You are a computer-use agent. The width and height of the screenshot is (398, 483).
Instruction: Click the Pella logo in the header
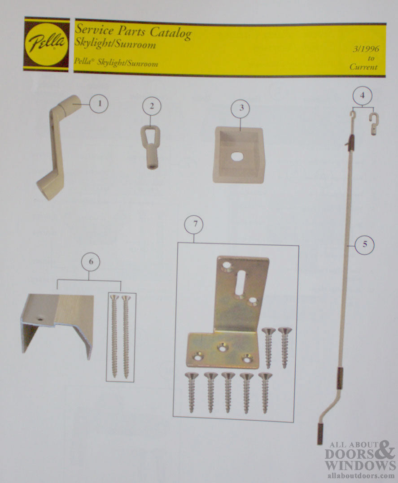point(47,44)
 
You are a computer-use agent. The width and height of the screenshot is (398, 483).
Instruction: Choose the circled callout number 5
point(364,244)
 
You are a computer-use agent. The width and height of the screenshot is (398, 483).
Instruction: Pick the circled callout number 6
point(91,262)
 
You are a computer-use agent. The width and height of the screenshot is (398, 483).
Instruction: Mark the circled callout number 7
point(194,226)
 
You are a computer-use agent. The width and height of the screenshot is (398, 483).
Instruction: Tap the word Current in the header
point(364,67)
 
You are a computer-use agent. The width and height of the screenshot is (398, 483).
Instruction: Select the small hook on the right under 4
point(373,123)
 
